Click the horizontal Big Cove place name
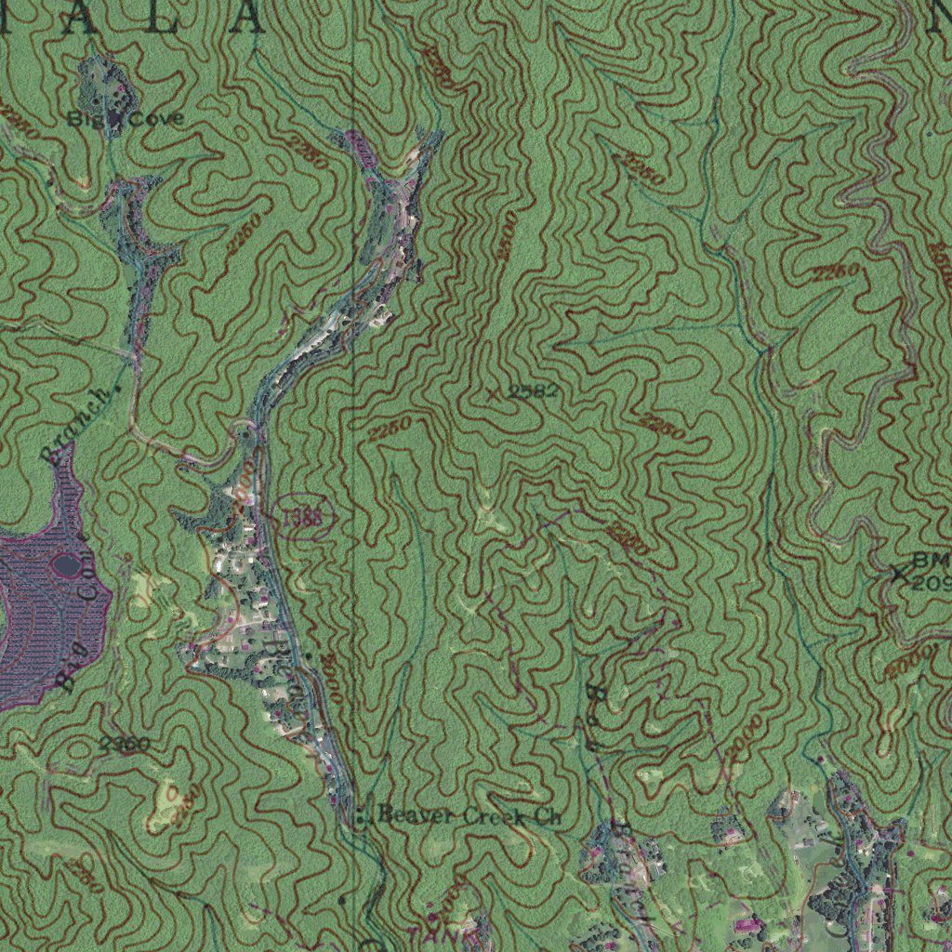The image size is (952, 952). coord(125,119)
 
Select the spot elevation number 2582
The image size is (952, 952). coord(534,392)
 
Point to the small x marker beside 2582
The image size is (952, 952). coord(492,392)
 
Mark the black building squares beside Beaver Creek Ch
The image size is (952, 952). coord(361,816)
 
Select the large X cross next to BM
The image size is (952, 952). coord(898,575)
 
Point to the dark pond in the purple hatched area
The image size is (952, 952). coord(67,563)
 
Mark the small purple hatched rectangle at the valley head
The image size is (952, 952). coord(360,148)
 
